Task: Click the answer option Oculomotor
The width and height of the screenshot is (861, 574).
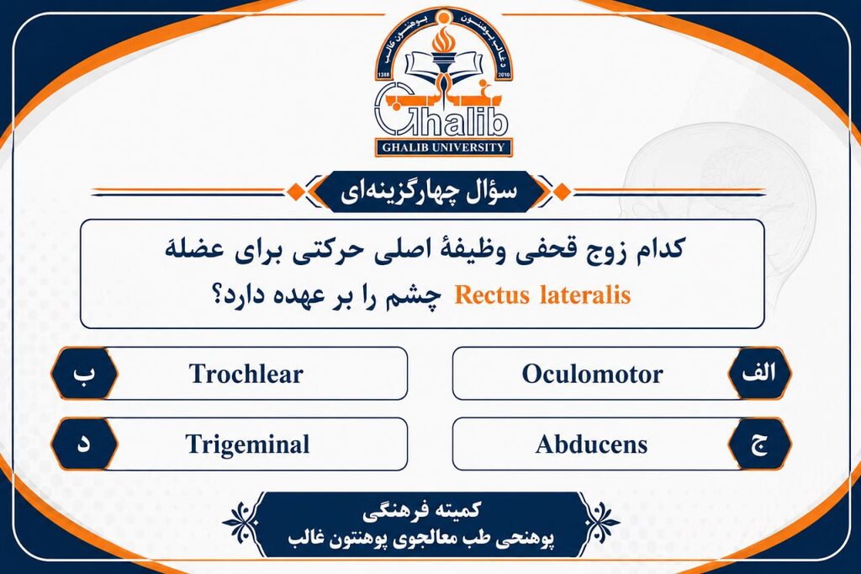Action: [592, 374]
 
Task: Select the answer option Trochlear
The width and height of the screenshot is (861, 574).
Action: [246, 374]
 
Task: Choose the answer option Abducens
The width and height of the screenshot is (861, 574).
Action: [591, 444]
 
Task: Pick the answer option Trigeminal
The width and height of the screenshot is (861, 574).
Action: [247, 444]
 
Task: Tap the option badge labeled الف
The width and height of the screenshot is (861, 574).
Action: [759, 374]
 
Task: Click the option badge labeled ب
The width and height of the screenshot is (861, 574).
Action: [84, 374]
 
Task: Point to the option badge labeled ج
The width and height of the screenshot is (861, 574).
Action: [759, 444]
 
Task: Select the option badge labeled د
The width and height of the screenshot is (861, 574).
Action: [84, 444]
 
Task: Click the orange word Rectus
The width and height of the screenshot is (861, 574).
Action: [492, 295]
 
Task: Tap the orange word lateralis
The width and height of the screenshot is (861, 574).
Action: [585, 295]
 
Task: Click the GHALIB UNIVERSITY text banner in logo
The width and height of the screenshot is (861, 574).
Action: [443, 147]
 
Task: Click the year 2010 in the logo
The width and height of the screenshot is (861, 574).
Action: [503, 75]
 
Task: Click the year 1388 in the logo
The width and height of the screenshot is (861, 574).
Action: [383, 75]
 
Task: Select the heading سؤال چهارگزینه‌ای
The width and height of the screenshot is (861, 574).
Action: [429, 192]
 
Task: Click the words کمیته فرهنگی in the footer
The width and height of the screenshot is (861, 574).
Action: [421, 511]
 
